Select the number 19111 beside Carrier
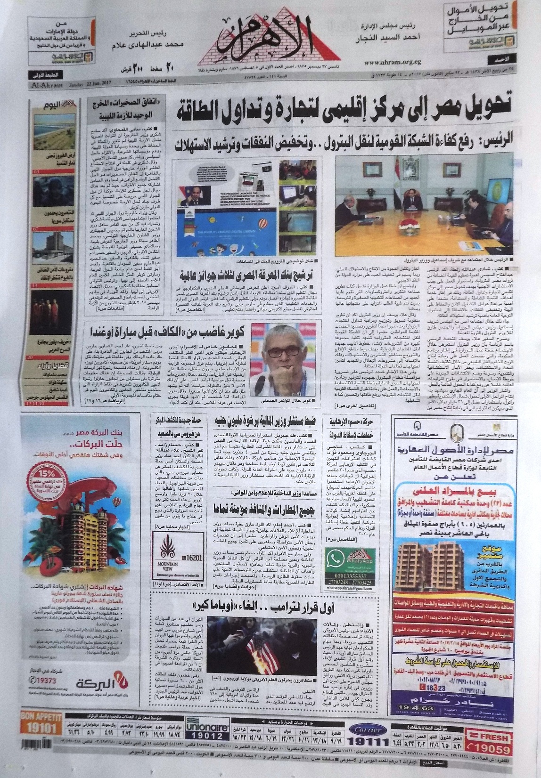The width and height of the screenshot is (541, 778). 374,741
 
